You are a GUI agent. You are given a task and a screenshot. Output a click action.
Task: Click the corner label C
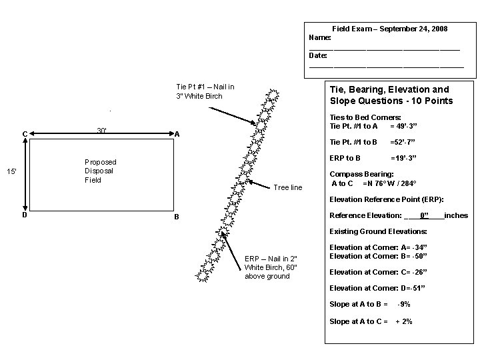coord(25,134)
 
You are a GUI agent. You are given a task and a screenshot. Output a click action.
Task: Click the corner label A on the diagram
coord(177,134)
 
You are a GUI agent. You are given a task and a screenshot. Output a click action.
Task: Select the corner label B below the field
coord(176,217)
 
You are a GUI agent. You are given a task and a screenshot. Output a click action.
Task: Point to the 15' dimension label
coord(11,173)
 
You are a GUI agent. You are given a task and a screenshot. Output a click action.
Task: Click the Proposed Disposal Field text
coord(100,171)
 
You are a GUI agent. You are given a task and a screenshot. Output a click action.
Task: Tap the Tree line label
coord(288,187)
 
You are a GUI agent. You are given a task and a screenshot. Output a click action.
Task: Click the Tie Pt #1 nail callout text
coord(205,91)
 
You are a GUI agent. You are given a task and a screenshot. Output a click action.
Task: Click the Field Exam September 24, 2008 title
coord(390,29)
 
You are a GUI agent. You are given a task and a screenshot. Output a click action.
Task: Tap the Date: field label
coord(318,55)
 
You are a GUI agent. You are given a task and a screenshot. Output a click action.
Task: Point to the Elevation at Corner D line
coord(377,288)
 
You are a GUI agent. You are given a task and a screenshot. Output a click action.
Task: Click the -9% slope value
coord(403,304)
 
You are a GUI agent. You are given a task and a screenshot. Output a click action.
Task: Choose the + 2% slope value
coord(404,321)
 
